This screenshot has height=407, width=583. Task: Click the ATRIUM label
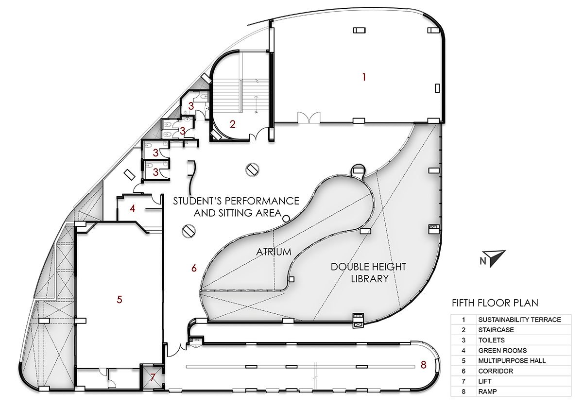(x=274, y=252)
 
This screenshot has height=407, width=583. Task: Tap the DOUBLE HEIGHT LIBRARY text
(x=368, y=272)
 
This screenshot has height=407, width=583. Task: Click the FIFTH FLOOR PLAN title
(x=495, y=303)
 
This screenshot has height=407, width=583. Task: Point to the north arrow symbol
(x=494, y=258)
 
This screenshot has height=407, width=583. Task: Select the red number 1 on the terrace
(x=364, y=77)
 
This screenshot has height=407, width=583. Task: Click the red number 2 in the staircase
(x=232, y=124)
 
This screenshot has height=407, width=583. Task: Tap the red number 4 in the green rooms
(x=133, y=208)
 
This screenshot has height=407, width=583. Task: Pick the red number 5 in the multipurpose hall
(x=119, y=300)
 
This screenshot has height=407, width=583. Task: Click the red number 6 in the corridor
(x=194, y=268)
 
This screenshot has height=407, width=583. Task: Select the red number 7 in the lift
(x=153, y=377)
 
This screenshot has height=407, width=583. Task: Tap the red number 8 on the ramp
(x=424, y=365)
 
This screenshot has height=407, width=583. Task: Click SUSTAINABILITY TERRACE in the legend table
(x=519, y=320)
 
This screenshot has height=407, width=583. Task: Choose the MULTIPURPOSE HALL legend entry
(x=512, y=361)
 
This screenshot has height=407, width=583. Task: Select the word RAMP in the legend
(x=487, y=391)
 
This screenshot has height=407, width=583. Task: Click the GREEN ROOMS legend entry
(x=502, y=351)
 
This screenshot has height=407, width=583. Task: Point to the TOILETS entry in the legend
(x=491, y=340)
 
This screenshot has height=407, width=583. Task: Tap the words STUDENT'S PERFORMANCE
(x=236, y=201)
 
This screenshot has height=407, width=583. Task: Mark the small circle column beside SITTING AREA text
(x=286, y=219)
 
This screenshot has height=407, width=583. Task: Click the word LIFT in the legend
(x=485, y=381)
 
